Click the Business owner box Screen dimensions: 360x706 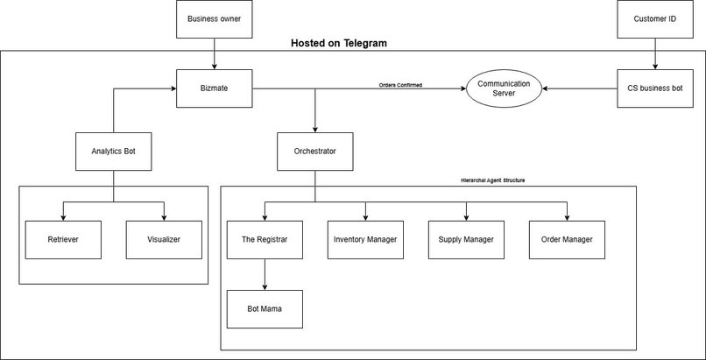click(x=215, y=19)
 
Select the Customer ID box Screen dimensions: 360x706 click(x=654, y=19)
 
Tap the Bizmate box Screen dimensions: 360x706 click(x=215, y=88)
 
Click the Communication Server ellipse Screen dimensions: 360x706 click(x=504, y=88)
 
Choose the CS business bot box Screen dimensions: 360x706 click(x=654, y=88)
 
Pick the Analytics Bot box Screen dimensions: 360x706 click(x=114, y=151)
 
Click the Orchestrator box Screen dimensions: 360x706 click(x=315, y=151)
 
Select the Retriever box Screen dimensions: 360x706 click(x=63, y=240)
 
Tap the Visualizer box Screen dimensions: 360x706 click(x=165, y=240)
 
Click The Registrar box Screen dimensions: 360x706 click(x=265, y=240)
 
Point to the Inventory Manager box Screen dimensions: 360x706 click(x=365, y=240)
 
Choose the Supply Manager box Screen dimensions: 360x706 click(x=466, y=240)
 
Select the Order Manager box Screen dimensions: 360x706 click(x=567, y=240)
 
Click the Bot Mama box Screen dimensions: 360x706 click(x=265, y=310)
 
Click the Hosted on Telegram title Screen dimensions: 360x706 click(x=338, y=43)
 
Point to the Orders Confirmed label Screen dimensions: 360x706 click(x=400, y=85)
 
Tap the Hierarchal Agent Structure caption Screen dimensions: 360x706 click(x=498, y=180)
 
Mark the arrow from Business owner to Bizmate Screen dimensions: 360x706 click(x=215, y=53)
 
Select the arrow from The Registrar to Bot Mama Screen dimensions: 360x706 click(x=265, y=275)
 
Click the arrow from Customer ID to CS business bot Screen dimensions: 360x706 click(x=654, y=53)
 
